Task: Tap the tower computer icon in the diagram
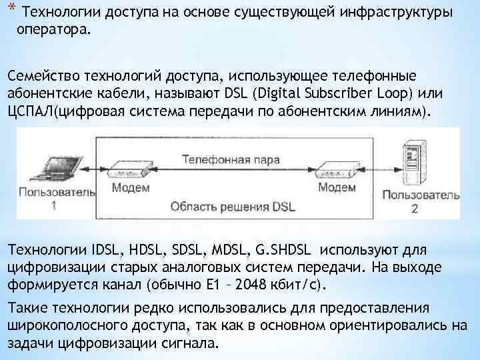(x=411, y=163)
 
